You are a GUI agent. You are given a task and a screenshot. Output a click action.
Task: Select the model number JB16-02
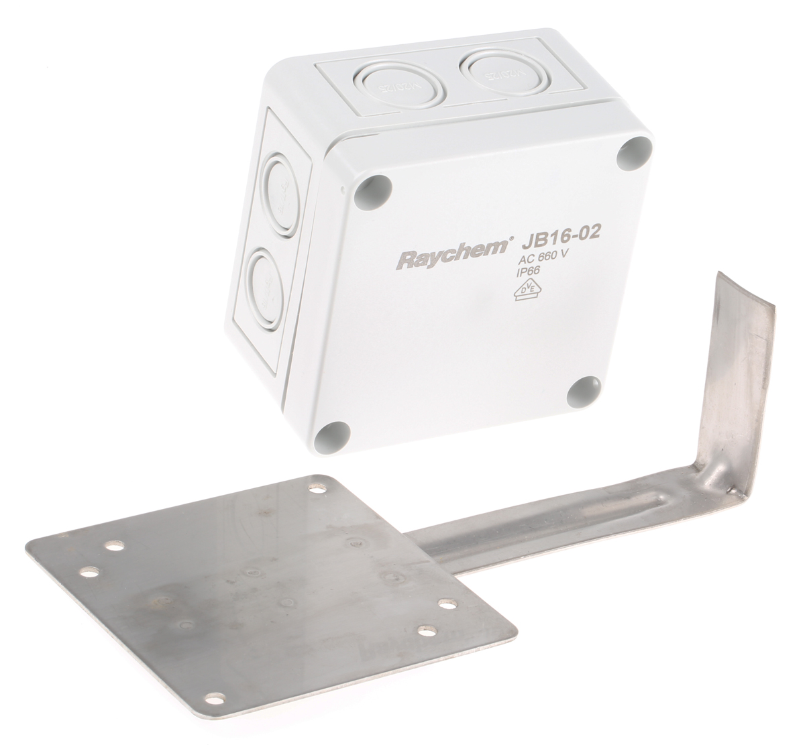[x=555, y=235]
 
